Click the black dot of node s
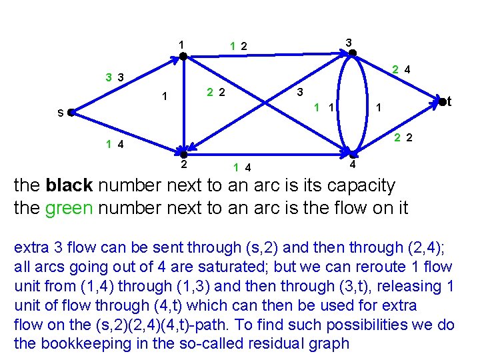pyautogui.click(x=71, y=113)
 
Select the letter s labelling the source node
pyautogui.click(x=60, y=113)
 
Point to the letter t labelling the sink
pyautogui.click(x=450, y=101)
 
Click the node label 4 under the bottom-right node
pyautogui.click(x=353, y=164)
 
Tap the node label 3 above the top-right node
pyautogui.click(x=348, y=42)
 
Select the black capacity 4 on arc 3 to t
pyautogui.click(x=407, y=69)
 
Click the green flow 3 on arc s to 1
pyautogui.click(x=108, y=77)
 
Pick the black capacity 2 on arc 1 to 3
pyautogui.click(x=245, y=46)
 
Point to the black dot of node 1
pyautogui.click(x=182, y=57)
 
